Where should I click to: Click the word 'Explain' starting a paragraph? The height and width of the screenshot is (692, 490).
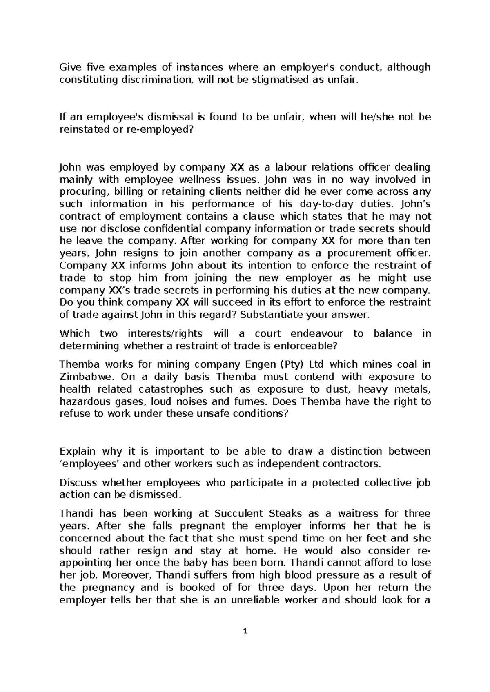[77, 452]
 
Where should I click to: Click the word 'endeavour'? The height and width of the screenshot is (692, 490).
[315, 334]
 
